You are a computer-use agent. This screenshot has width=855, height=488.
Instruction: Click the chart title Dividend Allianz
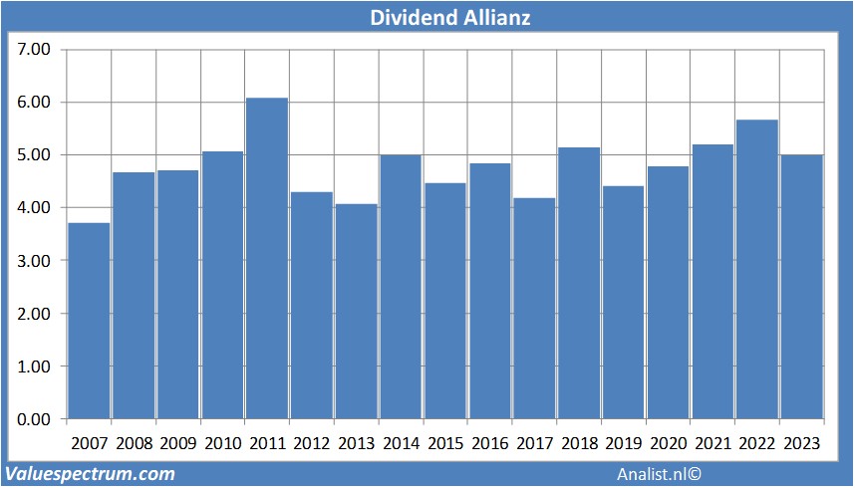tap(427, 18)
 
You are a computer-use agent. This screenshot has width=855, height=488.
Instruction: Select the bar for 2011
tap(267, 259)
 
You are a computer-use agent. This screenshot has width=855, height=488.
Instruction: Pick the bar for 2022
tap(756, 269)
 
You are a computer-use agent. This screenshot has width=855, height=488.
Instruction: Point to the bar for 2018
tap(578, 283)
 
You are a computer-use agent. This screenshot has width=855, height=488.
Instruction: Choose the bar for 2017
tap(534, 309)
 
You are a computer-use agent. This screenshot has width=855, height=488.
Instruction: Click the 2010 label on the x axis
tap(222, 442)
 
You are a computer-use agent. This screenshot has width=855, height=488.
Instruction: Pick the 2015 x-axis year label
tap(445, 442)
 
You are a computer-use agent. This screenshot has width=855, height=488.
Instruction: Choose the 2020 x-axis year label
tap(668, 442)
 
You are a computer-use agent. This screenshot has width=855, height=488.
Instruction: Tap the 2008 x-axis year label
tap(134, 442)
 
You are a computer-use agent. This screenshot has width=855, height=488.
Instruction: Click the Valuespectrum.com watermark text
tap(90, 474)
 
